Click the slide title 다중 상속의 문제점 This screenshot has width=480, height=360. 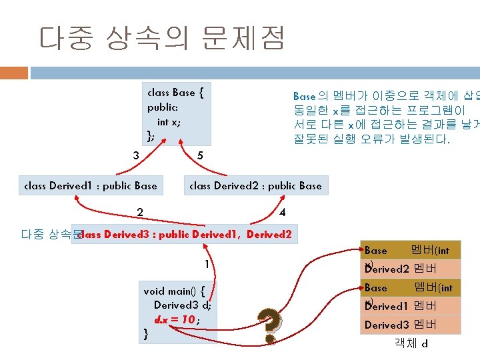(162, 39)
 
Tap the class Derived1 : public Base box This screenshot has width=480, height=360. (91, 186)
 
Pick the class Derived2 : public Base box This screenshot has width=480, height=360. (255, 186)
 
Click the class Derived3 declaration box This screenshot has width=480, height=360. (186, 234)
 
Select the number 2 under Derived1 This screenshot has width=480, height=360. (140, 213)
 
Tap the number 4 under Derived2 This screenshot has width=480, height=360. (283, 213)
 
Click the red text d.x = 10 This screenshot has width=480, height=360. (175, 319)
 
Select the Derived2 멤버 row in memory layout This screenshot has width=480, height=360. (410, 269)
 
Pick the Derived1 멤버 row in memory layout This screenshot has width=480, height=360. (410, 307)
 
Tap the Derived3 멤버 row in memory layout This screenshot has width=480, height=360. (410, 325)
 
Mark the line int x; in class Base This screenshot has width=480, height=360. (168, 122)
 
